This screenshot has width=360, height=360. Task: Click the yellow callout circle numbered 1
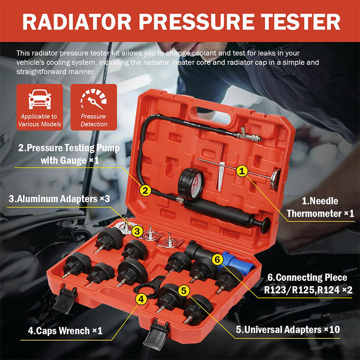pos(242,171)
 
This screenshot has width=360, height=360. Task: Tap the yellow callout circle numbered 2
pos(145,190)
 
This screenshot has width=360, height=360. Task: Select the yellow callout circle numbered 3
pos(137,231)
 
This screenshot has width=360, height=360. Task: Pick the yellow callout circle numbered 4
pos(141,299)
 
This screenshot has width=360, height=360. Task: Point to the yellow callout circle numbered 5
pos(184,291)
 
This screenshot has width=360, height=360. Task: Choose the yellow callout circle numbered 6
pos(217,260)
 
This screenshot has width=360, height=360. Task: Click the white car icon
pos(40,99)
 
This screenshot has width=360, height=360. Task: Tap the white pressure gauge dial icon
pos(94,99)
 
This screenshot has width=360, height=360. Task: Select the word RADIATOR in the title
pos(76,22)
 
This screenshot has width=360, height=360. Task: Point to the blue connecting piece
pos(239,262)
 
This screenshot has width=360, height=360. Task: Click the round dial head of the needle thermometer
pos(275,180)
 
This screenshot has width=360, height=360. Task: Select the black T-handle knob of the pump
pos(265,225)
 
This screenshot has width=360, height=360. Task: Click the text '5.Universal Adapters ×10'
pos(288,330)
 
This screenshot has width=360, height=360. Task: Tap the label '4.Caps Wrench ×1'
pos(65,331)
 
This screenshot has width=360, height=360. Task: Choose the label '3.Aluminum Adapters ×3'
pos(59,199)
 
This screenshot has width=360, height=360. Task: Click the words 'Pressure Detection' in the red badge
pos(94,120)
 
